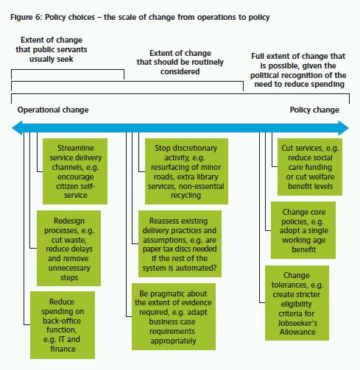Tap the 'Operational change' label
53,110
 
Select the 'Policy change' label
314,110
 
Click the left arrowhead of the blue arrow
17,128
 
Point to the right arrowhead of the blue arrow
344,128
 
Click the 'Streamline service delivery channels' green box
75,171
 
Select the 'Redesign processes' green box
68,248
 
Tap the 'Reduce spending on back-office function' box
63,325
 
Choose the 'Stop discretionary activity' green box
186,171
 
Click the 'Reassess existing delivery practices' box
180,243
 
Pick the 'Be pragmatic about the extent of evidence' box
174,316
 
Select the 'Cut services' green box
310,167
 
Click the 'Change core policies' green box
303,230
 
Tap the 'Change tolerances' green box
297,303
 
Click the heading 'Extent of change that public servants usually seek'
52,49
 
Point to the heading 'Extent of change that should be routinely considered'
180,63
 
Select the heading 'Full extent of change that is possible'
298,70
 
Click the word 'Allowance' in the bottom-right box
297,332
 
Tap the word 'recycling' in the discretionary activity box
186,196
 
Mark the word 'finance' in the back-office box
63,349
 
